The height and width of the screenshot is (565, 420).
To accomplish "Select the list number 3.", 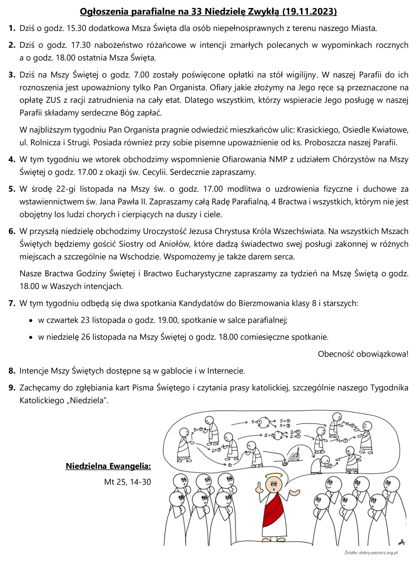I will [12, 75].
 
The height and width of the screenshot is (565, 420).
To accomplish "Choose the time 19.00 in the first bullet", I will [168, 320].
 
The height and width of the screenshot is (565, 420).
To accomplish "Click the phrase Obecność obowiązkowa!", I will [363, 354].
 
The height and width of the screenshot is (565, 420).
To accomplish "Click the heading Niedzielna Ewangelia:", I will [108, 466].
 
